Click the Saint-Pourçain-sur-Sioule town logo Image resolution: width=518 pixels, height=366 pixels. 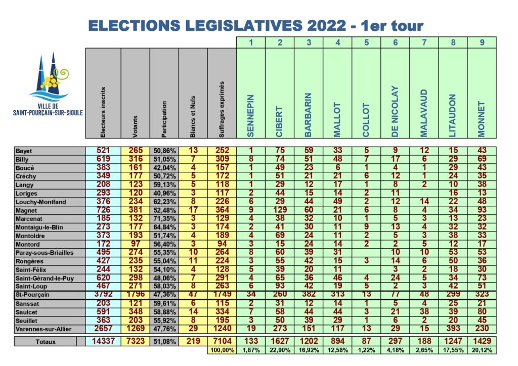[x=48, y=84]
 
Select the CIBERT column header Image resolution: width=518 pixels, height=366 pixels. [x=279, y=121]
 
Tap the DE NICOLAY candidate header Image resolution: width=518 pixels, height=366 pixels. [x=395, y=112]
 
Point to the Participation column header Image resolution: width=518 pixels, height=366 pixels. [x=164, y=119]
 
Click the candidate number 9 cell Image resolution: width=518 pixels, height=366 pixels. [x=482, y=42]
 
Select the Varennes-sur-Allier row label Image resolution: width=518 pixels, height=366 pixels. [x=44, y=329]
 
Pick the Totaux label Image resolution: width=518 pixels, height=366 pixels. [x=46, y=342]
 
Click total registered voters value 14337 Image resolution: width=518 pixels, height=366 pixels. [x=103, y=341]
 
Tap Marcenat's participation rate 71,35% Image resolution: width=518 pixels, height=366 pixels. [x=164, y=219]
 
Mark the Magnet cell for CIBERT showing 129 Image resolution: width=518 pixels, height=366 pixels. [x=280, y=210]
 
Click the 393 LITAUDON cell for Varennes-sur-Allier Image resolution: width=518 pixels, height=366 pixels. [x=453, y=329]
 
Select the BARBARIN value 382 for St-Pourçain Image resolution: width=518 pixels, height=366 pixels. [x=309, y=294]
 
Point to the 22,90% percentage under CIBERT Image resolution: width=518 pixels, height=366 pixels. [x=280, y=350]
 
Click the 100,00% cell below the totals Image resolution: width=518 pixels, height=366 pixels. [x=223, y=350]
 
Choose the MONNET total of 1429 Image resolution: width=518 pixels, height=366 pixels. [x=482, y=341]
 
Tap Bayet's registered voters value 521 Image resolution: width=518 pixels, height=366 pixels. [x=103, y=151]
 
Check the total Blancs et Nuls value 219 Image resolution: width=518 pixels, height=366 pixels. [x=193, y=341]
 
